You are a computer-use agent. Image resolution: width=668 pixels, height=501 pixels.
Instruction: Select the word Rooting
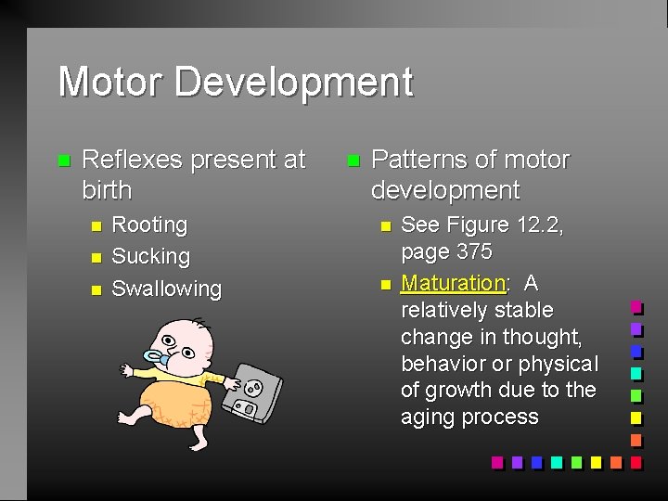pos(149,225)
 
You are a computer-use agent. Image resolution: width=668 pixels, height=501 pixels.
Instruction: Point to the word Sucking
pos(150,256)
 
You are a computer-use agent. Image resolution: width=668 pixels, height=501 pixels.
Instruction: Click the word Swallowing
pos(167,289)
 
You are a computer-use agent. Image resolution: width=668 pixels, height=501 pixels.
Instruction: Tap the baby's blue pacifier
pos(158,358)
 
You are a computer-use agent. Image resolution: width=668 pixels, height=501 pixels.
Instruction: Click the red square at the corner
pos(636,461)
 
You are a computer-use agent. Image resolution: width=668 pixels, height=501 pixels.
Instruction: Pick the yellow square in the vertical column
pos(636,417)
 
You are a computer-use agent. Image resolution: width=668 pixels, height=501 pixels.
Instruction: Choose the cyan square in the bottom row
pos(556,461)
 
